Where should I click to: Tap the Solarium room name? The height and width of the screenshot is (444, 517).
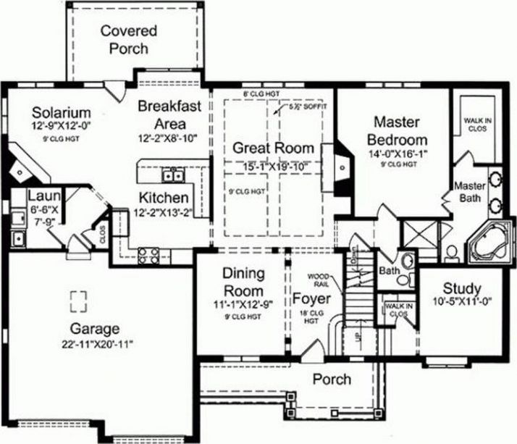point(62,113)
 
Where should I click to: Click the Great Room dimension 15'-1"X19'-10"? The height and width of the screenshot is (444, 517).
point(274,168)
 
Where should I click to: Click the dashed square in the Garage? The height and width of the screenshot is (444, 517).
point(78,299)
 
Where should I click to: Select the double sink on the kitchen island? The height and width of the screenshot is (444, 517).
point(172,175)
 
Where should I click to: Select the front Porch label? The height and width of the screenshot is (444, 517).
point(332,380)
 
